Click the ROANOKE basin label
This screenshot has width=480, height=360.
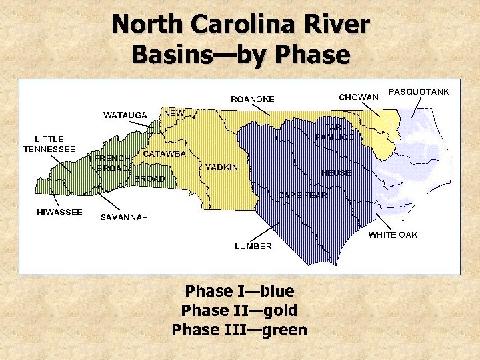252,99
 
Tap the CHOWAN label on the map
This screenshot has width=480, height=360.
359,97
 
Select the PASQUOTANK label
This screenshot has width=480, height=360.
419,91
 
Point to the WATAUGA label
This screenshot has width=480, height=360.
125,115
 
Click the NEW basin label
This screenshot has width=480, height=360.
174,113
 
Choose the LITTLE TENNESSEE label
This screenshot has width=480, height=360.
49,144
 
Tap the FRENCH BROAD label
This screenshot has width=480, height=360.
111,163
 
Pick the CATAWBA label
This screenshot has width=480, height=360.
164,154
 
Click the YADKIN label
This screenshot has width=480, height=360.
221,167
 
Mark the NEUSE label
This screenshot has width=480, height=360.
336,173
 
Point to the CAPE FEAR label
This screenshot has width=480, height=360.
302,195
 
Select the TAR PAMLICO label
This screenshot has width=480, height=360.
339,132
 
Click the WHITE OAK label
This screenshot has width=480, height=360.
393,235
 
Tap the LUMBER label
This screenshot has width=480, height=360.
253,246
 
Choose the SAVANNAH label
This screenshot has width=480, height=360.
124,217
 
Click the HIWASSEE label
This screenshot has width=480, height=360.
59,213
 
